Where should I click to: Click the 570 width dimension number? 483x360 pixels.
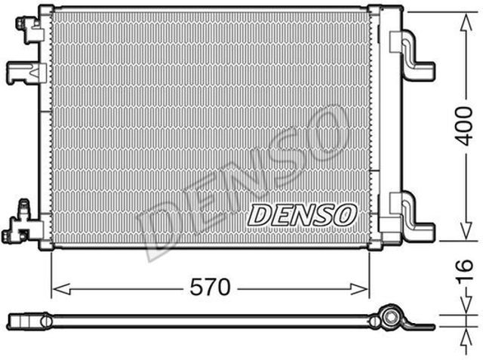210,287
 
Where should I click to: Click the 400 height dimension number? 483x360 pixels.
465,126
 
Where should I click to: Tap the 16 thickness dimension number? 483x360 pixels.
465,270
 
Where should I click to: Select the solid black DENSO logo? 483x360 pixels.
302,215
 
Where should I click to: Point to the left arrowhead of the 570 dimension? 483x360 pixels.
61,289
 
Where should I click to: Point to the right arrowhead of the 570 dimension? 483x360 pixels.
359,289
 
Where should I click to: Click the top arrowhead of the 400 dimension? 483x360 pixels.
466,23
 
